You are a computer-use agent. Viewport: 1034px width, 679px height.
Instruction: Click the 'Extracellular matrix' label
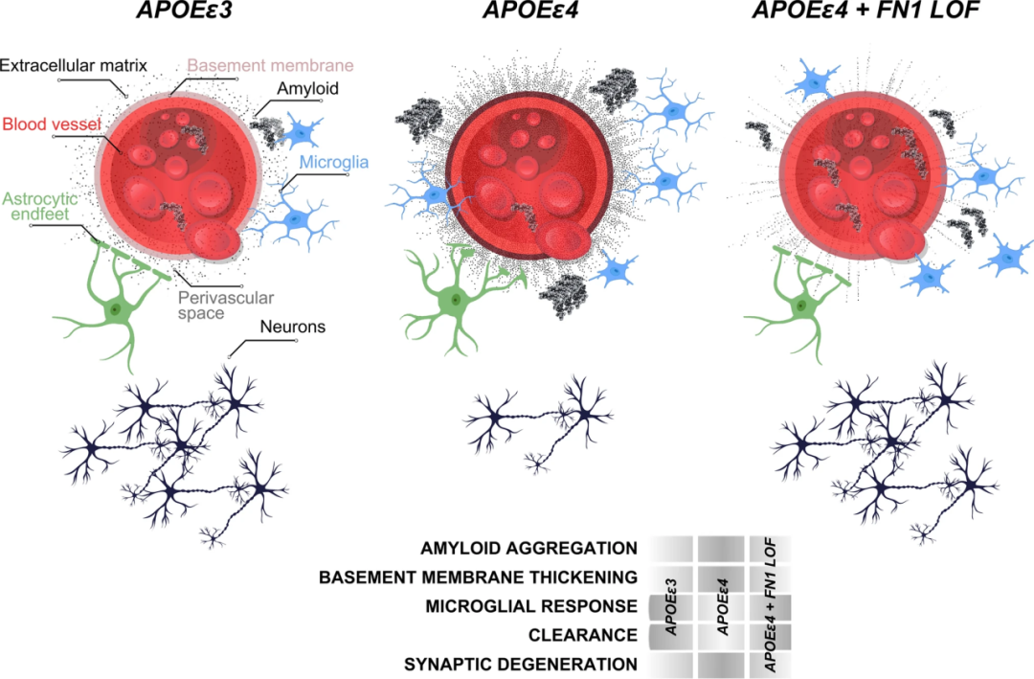point(73,65)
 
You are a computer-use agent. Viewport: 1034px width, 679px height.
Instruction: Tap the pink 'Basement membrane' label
point(270,65)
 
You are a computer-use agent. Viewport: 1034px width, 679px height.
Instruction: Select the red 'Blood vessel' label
point(52,124)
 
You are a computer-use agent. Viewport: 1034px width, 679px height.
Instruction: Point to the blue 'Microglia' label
point(334,162)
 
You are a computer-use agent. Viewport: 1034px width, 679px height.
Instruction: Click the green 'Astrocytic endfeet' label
point(40,206)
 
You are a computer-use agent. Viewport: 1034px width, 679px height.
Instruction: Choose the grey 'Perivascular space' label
point(226,306)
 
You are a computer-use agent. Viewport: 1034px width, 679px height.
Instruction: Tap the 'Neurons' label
point(293,327)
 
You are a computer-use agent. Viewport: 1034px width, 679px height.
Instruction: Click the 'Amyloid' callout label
point(308,89)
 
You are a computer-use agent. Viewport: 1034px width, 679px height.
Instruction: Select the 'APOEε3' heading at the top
point(184,10)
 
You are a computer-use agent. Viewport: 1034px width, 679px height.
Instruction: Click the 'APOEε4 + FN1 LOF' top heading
point(865,10)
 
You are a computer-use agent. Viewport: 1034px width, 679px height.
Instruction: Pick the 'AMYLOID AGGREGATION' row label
point(528,549)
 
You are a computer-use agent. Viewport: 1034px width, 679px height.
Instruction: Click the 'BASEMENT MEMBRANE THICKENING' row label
point(478,577)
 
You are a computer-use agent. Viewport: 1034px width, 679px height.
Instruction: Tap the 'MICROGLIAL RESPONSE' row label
point(531,606)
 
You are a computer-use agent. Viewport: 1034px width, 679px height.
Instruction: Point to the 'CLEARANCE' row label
point(583,636)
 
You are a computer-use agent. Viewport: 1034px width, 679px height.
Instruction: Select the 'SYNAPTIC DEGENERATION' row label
point(521,665)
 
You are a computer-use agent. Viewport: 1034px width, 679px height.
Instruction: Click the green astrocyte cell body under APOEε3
point(116,308)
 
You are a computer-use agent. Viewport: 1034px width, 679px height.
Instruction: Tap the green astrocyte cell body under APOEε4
point(455,301)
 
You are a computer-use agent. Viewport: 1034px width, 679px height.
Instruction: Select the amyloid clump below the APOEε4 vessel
point(562,294)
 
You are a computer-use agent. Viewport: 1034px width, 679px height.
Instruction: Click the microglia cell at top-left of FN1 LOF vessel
point(813,81)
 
